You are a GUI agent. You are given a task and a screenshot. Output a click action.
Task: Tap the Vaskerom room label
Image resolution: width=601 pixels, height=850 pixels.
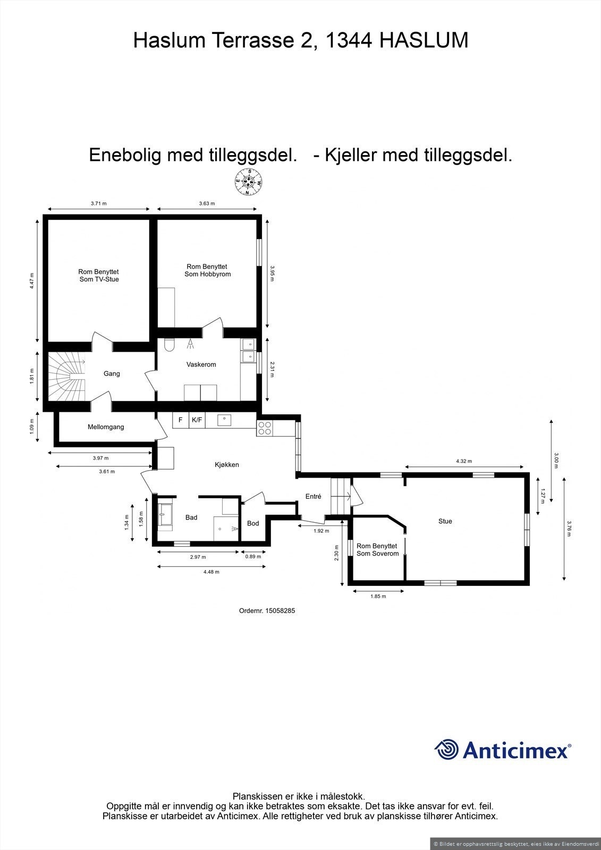tap(201, 365)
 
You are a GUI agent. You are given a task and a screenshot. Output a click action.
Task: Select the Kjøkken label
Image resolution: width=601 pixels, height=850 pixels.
tap(227, 465)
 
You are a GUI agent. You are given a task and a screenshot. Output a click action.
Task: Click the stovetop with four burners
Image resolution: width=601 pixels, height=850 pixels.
tap(265, 428)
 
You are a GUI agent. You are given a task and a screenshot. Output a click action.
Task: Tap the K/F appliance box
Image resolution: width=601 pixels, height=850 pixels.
tap(197, 420)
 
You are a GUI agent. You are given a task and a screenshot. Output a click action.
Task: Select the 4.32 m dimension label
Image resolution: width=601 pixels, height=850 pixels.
tap(464, 462)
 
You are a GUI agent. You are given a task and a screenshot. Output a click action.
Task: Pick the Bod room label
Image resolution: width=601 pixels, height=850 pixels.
tap(253, 524)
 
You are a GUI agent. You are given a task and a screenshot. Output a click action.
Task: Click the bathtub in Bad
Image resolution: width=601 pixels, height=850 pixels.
tap(165, 515)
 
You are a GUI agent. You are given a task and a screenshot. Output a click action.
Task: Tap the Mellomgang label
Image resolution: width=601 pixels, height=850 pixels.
tap(106, 427)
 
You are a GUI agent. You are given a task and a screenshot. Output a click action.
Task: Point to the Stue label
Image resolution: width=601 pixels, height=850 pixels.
tap(445, 522)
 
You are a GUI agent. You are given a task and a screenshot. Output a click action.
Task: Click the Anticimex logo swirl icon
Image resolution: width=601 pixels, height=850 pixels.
tap(446, 750)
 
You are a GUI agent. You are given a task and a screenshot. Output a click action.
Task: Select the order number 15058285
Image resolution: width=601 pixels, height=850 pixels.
tap(267, 611)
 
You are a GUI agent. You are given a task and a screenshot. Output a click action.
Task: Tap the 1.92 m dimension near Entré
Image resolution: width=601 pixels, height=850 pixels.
tap(321, 531)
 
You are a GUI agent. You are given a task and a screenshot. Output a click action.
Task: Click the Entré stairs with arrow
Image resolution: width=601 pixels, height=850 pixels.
tap(341, 496)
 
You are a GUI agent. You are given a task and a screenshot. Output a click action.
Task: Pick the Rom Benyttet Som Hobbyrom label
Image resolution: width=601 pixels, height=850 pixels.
tap(207, 270)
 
